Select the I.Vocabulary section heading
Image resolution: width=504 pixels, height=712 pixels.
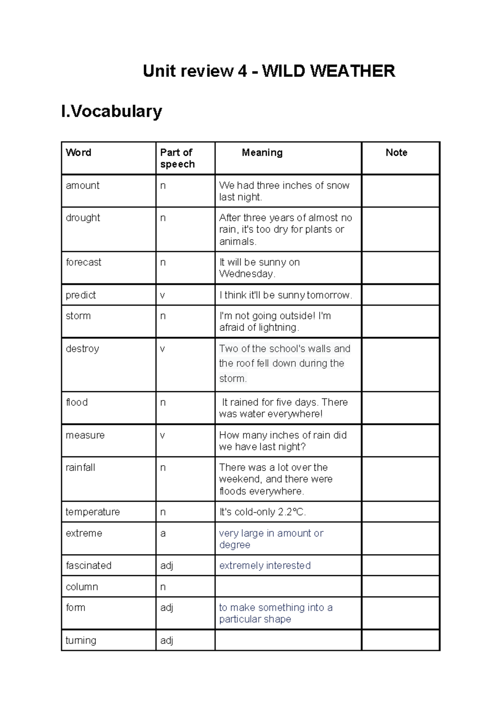[x=111, y=111]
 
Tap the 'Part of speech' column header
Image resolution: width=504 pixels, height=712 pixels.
[x=177, y=158]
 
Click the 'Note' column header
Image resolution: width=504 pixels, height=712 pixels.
[x=396, y=152]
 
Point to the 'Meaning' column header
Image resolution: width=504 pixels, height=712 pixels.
[x=262, y=152]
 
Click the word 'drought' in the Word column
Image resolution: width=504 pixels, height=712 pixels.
[x=83, y=218]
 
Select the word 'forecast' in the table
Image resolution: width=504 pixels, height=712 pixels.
[x=84, y=262]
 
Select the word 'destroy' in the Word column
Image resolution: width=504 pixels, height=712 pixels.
[x=82, y=349]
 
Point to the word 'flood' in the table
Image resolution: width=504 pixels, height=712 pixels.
[x=76, y=402]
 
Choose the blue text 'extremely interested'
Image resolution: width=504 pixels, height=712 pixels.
[x=265, y=565]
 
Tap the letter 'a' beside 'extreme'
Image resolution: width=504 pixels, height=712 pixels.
[x=163, y=534]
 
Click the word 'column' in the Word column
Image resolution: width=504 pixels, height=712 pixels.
[x=81, y=587]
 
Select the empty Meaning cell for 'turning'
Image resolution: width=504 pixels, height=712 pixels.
[x=288, y=640]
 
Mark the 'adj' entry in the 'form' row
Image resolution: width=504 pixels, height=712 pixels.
[x=166, y=607]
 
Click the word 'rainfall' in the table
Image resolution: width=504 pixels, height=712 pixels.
[x=80, y=468]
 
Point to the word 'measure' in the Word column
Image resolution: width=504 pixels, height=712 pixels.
[x=85, y=435]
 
